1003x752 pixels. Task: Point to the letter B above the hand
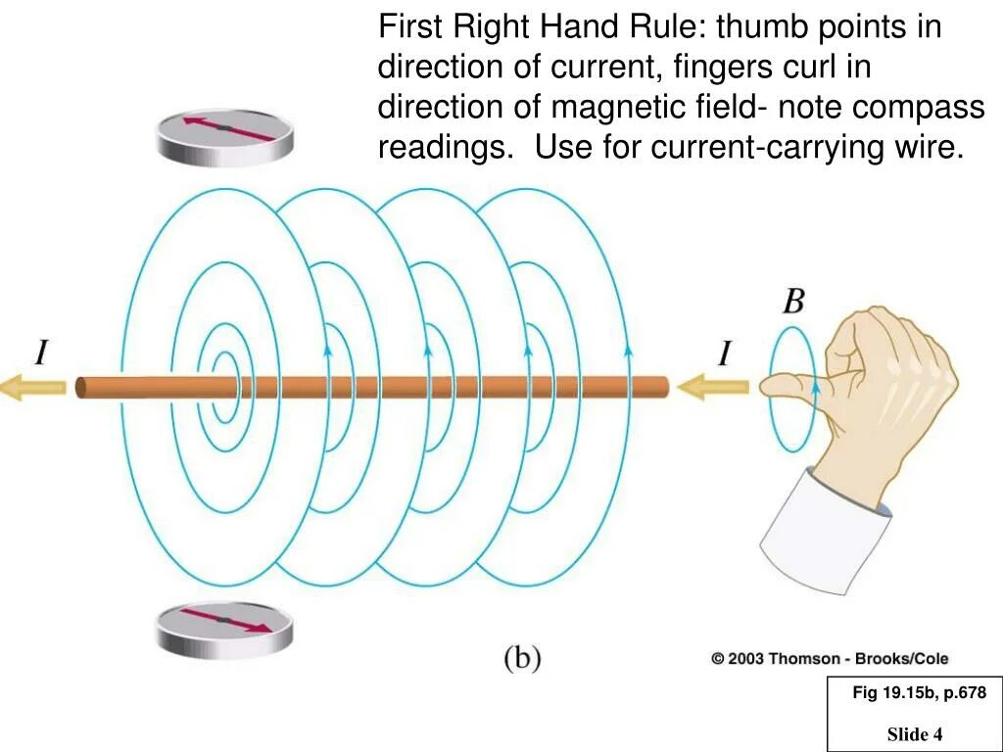[792, 302]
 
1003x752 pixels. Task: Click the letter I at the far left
[42, 352]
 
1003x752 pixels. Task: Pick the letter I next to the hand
[725, 353]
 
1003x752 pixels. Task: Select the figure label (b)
[522, 658]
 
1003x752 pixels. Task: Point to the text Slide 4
[915, 733]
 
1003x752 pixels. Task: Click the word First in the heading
[411, 26]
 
